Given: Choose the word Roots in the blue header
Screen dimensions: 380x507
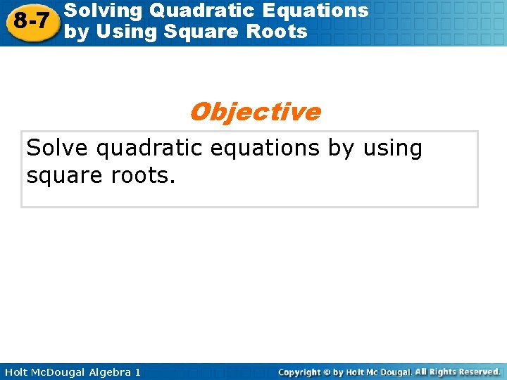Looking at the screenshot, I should (278, 32).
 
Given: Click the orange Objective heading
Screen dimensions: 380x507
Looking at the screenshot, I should (254, 111).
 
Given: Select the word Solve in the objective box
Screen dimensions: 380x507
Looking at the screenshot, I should (58, 148).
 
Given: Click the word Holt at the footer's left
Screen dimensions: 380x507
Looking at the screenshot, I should (18, 372).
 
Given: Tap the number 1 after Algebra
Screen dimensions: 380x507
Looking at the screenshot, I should (137, 372).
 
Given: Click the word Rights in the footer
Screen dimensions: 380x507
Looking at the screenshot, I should (444, 372).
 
